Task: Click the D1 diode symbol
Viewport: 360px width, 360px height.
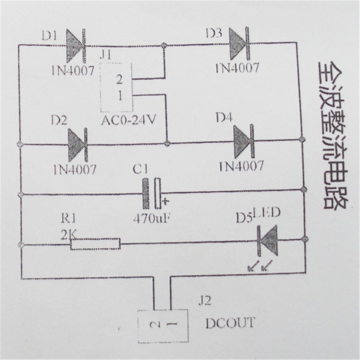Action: point(77,46)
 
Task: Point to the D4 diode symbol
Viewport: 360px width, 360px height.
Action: point(244,141)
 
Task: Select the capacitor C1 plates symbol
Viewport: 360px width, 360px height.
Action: point(152,194)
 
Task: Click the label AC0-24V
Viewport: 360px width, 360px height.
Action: point(128,120)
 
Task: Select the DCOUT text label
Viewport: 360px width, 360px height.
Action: point(230,323)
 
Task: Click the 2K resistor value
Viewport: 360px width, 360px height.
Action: point(68,234)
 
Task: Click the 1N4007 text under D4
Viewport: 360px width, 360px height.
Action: point(241,166)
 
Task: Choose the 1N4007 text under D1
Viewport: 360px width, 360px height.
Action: point(72,70)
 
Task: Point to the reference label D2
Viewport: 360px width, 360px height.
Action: point(59,121)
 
